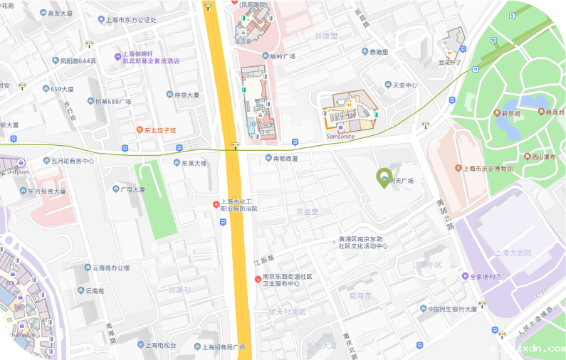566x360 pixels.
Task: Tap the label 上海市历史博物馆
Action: [488, 169]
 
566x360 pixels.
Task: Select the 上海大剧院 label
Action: [513, 253]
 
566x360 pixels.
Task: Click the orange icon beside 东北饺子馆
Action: [140, 130]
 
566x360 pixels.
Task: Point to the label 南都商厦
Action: [285, 158]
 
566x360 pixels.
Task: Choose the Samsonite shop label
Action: [340, 136]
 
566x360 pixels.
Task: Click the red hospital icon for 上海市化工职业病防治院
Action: [216, 205]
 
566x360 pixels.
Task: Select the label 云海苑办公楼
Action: [111, 268]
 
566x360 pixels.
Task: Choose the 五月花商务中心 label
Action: [73, 161]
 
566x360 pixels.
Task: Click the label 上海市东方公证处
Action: [130, 20]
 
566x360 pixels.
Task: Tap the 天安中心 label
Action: [404, 85]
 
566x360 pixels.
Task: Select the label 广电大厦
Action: [132, 189]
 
